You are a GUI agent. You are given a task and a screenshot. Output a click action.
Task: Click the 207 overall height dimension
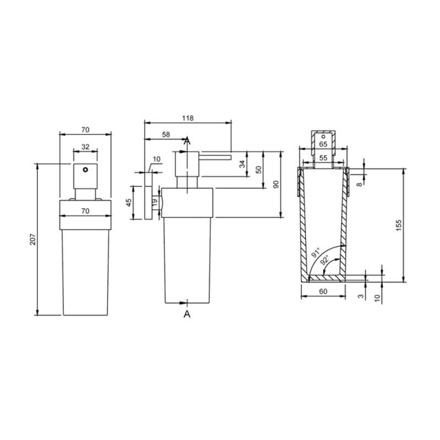pos(34,239)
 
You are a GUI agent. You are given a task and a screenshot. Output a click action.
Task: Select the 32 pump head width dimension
pos(85,146)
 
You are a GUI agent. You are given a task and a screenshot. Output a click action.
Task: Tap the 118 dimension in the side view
pos(188,118)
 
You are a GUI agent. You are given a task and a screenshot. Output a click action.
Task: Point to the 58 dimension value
pos(166,134)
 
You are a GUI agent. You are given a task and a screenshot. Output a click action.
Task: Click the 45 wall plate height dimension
pos(129,202)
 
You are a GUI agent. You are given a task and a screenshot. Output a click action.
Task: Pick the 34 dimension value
pos(242,163)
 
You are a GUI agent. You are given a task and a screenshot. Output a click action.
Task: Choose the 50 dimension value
pos(258,169)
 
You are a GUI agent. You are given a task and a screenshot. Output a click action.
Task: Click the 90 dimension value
pos(277,184)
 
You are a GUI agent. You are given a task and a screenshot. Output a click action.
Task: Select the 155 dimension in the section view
pos(399,226)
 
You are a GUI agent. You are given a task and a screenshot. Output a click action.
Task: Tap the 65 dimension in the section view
pos(323,144)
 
